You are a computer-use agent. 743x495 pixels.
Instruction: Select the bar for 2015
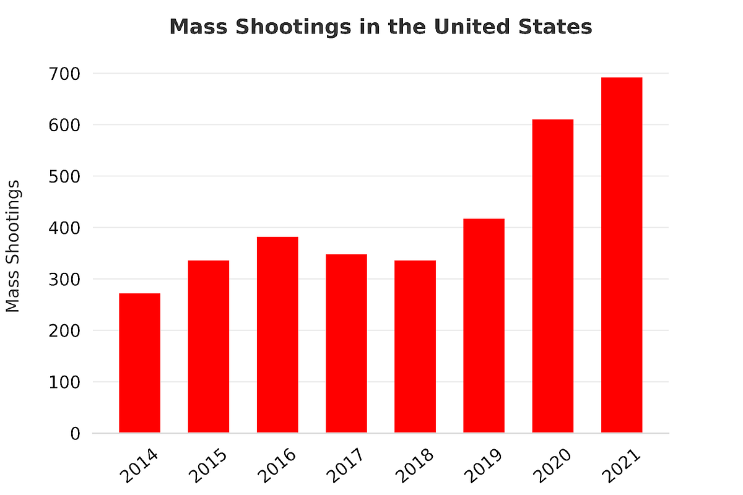pos(209,346)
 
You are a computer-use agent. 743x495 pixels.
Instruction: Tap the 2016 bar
pos(277,335)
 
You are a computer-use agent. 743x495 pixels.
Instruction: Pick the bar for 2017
pos(346,343)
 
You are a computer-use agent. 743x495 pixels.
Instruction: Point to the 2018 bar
pos(415,346)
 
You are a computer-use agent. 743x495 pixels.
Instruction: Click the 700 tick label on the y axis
pos(65,74)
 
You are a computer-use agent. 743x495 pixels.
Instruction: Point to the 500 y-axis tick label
pos(65,177)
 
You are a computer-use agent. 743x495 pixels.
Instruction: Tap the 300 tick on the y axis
pos(65,280)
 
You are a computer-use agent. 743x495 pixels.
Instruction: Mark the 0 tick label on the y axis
pos(75,434)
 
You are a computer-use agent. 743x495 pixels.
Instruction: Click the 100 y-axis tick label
pos(65,382)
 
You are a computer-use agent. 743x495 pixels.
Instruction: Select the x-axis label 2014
pos(139,466)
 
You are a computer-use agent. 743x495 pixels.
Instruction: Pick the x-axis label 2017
pos(345,466)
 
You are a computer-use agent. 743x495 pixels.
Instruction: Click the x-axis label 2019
pos(483,466)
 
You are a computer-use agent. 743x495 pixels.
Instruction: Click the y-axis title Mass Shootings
pos(13,246)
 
